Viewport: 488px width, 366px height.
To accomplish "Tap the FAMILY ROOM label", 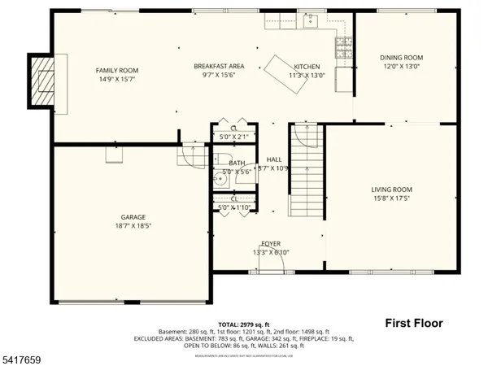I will pyautogui.click(x=119, y=70).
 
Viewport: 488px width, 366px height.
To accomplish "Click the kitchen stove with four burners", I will pyautogui.click(x=343, y=45).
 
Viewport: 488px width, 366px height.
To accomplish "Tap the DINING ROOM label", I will pyautogui.click(x=402, y=58).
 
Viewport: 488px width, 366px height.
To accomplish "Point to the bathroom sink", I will pyautogui.click(x=218, y=173).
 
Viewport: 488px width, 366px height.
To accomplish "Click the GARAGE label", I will pyautogui.click(x=133, y=217).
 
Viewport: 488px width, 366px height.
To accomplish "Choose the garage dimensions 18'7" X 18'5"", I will pyautogui.click(x=133, y=226).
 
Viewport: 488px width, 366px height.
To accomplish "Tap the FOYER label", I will pyautogui.click(x=271, y=244).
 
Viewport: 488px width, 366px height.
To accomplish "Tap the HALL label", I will pyautogui.click(x=273, y=159).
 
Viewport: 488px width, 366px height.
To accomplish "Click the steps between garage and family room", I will pyautogui.click(x=192, y=153).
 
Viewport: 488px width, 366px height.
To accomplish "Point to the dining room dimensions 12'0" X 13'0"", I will pyautogui.click(x=402, y=67).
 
